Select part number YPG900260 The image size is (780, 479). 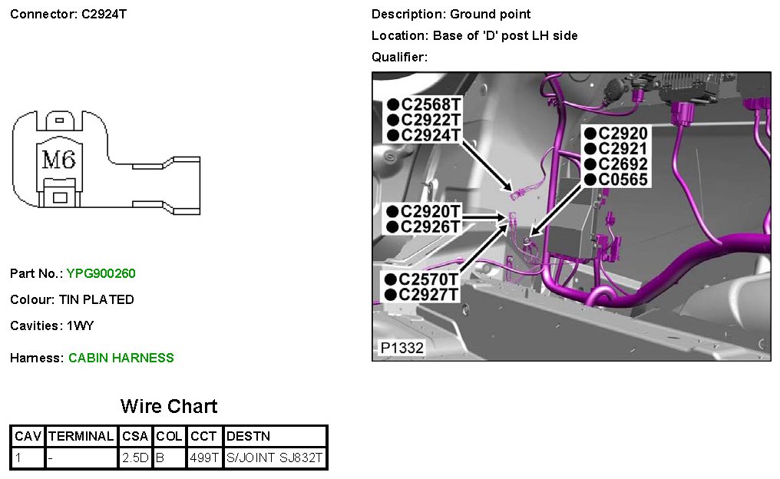click(x=101, y=273)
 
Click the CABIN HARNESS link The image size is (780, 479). click(x=121, y=358)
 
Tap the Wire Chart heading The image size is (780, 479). click(x=169, y=407)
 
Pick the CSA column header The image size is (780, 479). click(x=136, y=436)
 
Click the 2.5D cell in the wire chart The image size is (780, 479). click(x=136, y=458)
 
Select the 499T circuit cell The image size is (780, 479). click(x=204, y=458)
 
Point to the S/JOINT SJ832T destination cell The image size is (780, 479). click(x=275, y=458)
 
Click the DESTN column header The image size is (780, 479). click(x=247, y=436)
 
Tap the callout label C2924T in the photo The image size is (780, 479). click(x=430, y=135)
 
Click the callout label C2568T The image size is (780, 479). click(x=430, y=104)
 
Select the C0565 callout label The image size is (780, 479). click(x=623, y=180)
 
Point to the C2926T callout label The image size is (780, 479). click(x=430, y=226)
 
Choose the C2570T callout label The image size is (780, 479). click(x=430, y=279)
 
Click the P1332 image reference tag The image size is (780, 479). click(x=402, y=348)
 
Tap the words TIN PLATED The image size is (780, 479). click(x=100, y=299)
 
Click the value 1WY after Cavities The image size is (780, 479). click(x=80, y=325)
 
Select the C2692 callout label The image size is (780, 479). click(x=623, y=164)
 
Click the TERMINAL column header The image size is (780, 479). click(x=81, y=436)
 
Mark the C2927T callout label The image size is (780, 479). click(x=430, y=295)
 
